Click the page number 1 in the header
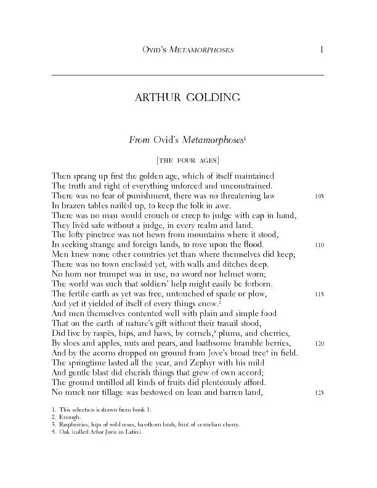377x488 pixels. (x=321, y=49)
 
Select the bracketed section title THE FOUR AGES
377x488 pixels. (x=188, y=160)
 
